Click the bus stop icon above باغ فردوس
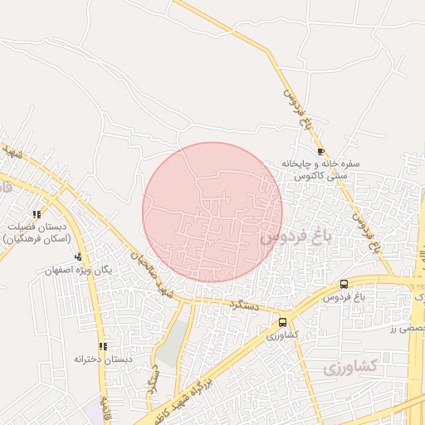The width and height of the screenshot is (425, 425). [344, 285]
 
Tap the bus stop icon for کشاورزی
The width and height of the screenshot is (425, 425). [283, 323]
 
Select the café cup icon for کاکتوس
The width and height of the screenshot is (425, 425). [321, 152]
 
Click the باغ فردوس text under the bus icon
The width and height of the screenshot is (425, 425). [344, 296]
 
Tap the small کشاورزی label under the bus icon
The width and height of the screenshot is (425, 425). [282, 335]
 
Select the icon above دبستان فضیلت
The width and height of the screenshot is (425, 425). [37, 214]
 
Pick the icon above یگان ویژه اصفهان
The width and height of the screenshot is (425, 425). [78, 256]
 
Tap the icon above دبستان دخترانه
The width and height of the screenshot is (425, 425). [103, 346]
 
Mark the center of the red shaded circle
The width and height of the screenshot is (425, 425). [212, 212]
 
